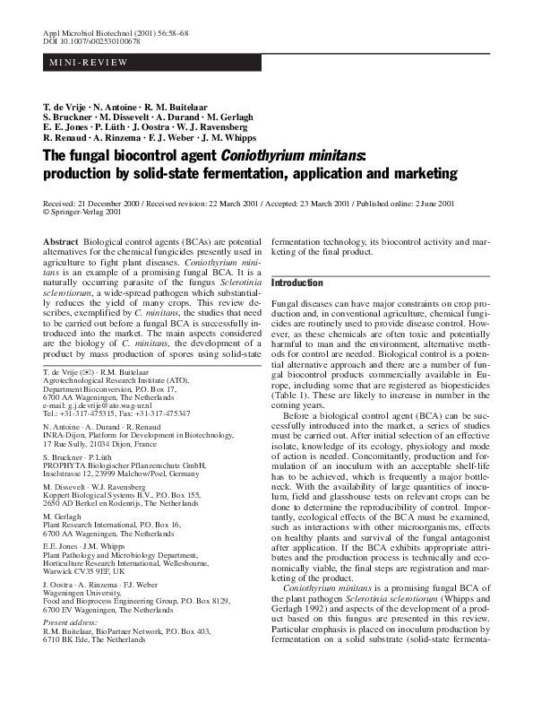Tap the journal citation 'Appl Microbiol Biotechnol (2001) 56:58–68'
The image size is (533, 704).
point(106,32)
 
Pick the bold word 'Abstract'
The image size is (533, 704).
point(60,243)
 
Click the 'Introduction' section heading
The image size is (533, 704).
point(297,282)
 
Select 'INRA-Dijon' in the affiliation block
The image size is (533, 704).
point(63,434)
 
